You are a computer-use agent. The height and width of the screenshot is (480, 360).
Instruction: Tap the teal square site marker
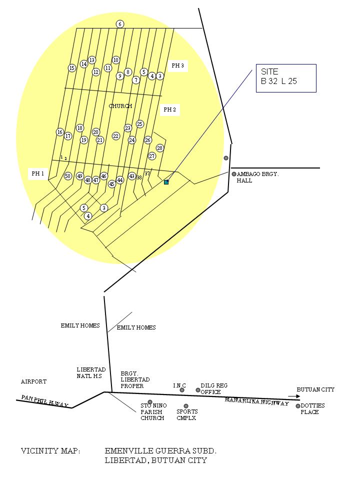[166, 182]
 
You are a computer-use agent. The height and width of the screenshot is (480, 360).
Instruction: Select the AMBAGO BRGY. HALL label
[258, 177]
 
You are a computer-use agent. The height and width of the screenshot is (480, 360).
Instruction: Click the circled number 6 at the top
[120, 24]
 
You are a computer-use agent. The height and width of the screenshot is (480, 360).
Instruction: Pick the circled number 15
[72, 68]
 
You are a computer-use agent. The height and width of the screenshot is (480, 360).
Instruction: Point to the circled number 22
[115, 136]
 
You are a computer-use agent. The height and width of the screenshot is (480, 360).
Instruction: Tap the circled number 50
[68, 176]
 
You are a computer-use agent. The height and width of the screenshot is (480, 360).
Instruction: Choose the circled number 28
[160, 148]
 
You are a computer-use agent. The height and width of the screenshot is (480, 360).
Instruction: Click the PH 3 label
[178, 65]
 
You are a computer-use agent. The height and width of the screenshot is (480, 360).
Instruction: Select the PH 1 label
[38, 173]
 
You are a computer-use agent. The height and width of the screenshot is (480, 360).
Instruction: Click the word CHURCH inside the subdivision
[120, 106]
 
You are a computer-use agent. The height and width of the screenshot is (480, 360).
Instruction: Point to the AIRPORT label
[33, 381]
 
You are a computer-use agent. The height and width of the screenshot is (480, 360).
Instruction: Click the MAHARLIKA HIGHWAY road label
[257, 401]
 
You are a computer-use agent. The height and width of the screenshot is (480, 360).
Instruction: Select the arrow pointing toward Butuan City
[294, 396]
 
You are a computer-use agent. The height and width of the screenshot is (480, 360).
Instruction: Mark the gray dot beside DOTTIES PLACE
[298, 406]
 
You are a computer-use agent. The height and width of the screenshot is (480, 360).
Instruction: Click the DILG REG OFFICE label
[214, 389]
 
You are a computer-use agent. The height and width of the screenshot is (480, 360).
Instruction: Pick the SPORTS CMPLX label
[187, 415]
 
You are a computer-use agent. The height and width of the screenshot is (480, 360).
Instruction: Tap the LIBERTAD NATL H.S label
[91, 373]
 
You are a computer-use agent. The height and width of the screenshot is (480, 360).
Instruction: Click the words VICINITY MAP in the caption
[50, 451]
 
